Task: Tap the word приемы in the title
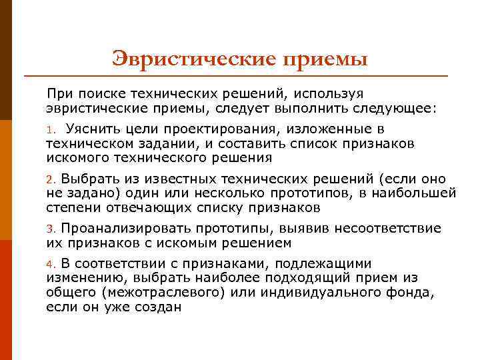click(x=326, y=59)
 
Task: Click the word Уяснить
click(x=94, y=129)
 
